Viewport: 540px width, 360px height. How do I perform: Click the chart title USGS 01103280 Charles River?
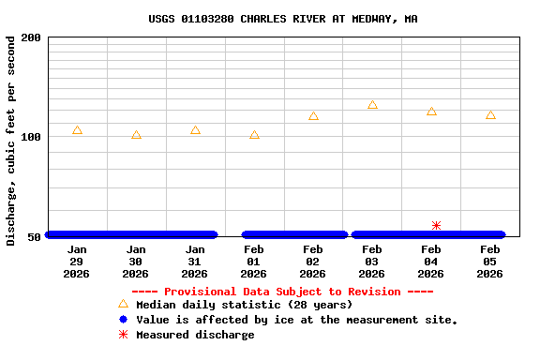coord(283,19)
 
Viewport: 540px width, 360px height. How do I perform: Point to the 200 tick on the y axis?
coord(31,37)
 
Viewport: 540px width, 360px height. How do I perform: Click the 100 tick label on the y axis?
coord(31,137)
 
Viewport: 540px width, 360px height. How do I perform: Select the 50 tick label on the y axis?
coord(34,236)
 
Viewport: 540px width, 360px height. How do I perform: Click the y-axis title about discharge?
coord(11,141)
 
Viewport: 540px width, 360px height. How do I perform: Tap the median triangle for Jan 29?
coord(77,130)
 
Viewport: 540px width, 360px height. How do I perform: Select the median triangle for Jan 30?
coord(136,135)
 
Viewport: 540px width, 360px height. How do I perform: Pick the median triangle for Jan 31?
coord(195,130)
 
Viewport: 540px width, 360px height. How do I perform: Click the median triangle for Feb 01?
coord(254,135)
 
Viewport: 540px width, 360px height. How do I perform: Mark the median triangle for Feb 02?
coord(313,116)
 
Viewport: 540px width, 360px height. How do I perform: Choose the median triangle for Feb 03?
coord(372,105)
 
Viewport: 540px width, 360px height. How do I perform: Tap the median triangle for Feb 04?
coord(431,112)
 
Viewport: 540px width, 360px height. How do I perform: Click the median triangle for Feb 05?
coord(490,115)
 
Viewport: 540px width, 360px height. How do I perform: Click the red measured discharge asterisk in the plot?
coord(436,226)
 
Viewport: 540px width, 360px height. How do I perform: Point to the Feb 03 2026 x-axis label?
coord(372,262)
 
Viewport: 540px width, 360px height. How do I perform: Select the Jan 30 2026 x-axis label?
coord(136,262)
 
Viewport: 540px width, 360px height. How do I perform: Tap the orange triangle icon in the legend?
coord(123,305)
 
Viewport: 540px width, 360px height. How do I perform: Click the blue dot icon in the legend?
coord(123,320)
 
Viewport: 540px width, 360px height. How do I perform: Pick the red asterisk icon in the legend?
coord(123,335)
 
